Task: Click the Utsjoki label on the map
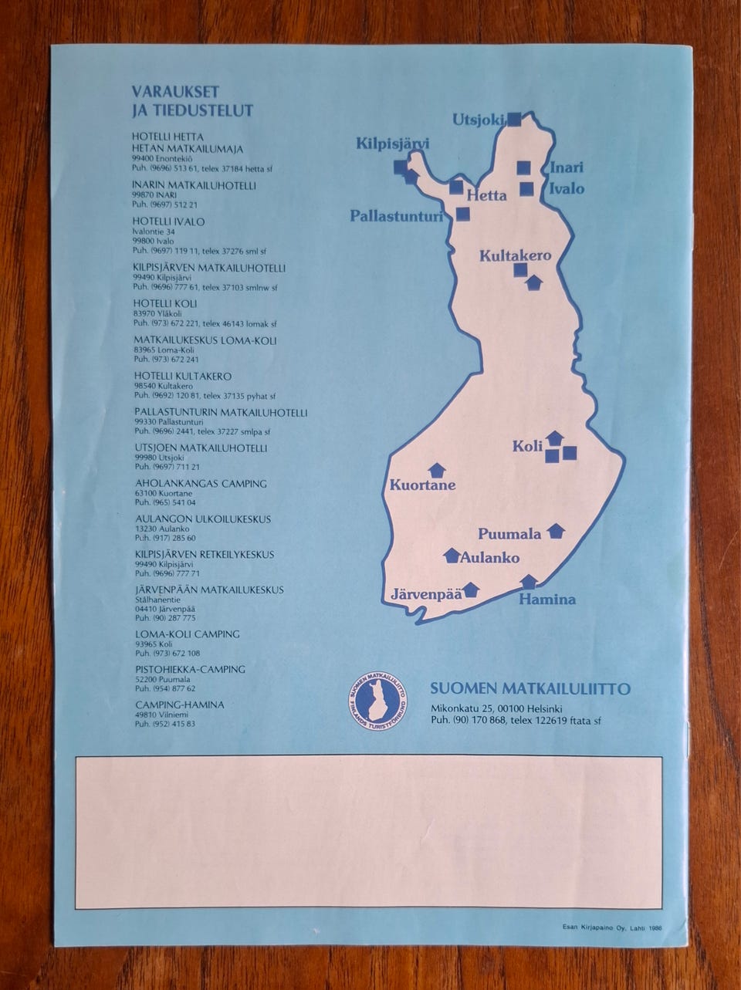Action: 478,119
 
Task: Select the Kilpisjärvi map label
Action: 392,144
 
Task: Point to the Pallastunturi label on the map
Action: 396,216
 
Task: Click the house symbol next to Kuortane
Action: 437,470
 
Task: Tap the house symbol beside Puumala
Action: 556,531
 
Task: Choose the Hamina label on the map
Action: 546,599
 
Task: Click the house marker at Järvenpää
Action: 471,590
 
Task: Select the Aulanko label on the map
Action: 489,558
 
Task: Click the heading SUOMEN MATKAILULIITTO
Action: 530,689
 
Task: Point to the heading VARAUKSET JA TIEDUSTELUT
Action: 192,100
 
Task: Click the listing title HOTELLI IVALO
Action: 168,221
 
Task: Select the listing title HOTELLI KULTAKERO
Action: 182,377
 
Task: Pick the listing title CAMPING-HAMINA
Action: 179,704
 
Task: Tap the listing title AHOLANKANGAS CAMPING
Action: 201,484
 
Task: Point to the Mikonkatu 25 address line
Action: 496,708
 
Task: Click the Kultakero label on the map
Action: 515,255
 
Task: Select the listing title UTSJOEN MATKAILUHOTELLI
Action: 201,448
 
